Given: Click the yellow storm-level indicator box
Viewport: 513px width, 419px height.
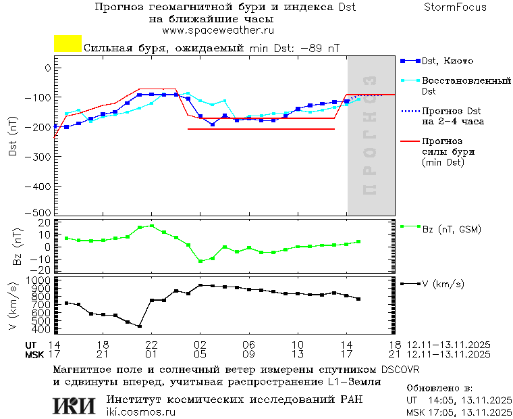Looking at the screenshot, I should pyautogui.click(x=67, y=44).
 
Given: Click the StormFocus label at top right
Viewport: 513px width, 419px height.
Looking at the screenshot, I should pyautogui.click(x=455, y=8).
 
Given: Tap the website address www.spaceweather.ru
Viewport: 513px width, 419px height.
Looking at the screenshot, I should pyautogui.click(x=217, y=31).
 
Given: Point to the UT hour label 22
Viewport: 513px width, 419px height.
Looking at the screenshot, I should pyautogui.click(x=152, y=345).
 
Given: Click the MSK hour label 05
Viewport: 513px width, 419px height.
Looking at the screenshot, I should pyautogui.click(x=200, y=354).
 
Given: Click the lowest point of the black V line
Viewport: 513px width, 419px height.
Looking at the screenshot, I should pyautogui.click(x=140, y=326).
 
